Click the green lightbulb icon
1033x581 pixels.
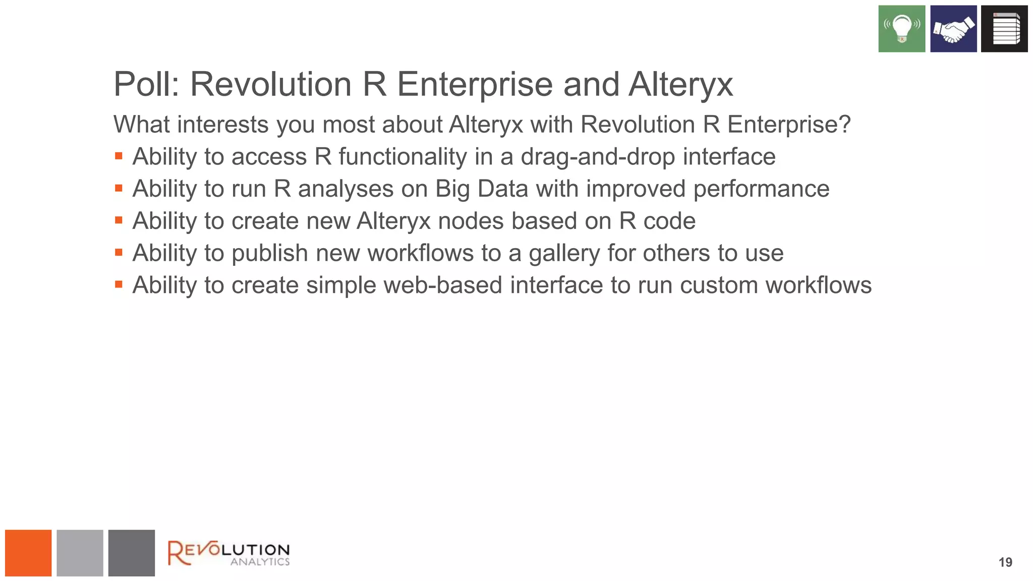[x=901, y=29]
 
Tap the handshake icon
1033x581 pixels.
[x=953, y=29]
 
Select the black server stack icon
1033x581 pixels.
[x=1004, y=29]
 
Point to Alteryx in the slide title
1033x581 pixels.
[x=680, y=84]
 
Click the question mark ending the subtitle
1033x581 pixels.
[x=844, y=125]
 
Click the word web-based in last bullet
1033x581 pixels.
[x=443, y=285]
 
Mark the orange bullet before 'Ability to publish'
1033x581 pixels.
[x=119, y=252]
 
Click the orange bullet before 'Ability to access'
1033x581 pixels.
[x=119, y=156]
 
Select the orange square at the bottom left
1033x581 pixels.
[x=28, y=553]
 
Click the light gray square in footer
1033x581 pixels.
[x=80, y=553]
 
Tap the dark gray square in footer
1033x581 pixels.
[x=131, y=553]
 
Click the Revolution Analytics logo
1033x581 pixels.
[x=228, y=553]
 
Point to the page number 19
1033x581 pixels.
[x=1005, y=562]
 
